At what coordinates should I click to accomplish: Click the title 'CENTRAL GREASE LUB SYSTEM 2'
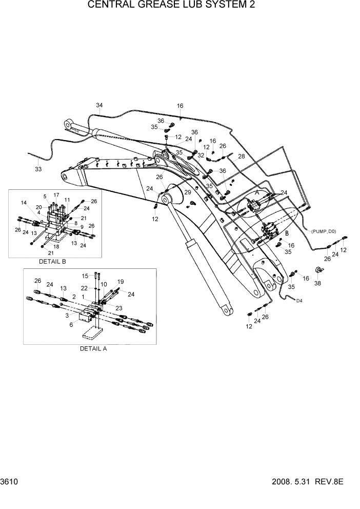coord(171,6)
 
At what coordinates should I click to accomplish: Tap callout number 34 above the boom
coord(99,106)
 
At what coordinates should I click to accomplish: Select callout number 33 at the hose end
coord(38,169)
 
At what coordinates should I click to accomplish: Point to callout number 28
coord(242,156)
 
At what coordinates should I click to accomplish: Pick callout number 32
coord(201,154)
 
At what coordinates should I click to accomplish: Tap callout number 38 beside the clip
coord(317,283)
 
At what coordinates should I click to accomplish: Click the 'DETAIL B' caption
coord(52,261)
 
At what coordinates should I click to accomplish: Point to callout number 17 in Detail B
coord(56,195)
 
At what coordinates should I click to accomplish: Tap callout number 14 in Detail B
coord(24,203)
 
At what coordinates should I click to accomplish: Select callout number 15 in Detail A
coord(85,276)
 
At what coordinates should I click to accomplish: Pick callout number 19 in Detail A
coord(121,281)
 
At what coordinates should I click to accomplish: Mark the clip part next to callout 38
coord(318,270)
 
